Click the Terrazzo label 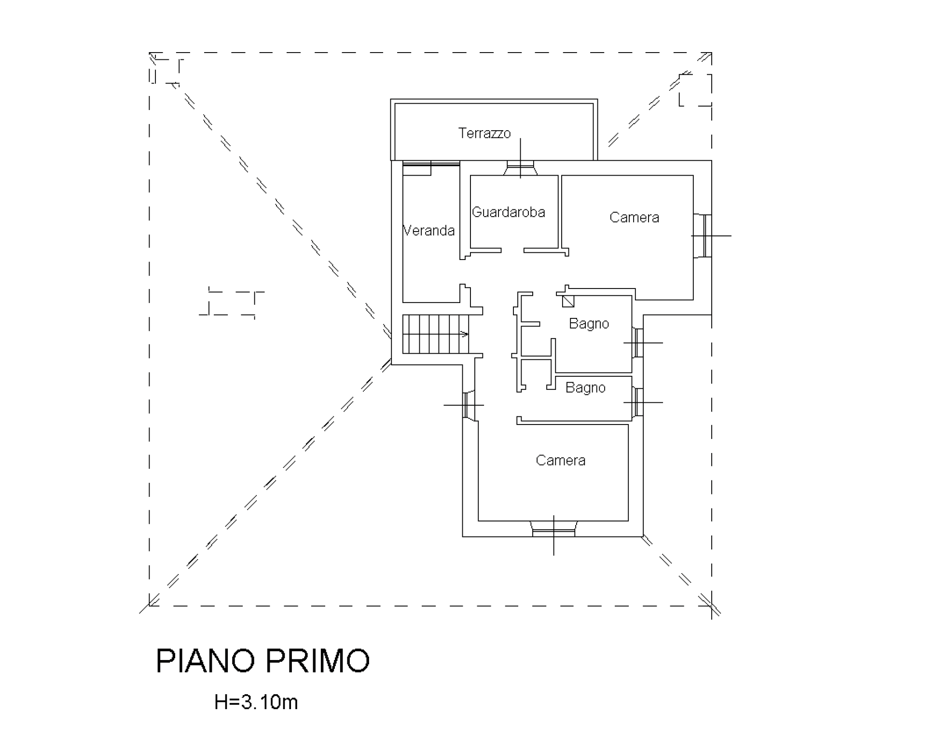(484, 133)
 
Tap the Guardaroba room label (508, 212)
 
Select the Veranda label (429, 231)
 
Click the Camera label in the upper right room (634, 218)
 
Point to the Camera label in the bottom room (560, 460)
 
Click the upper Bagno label (589, 323)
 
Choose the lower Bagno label (585, 388)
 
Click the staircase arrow (463, 334)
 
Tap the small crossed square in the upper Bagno (568, 301)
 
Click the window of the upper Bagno (638, 343)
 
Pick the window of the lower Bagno (638, 402)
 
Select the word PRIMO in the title (319, 661)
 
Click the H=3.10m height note (256, 702)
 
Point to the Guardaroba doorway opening (512, 250)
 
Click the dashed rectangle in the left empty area (232, 303)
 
